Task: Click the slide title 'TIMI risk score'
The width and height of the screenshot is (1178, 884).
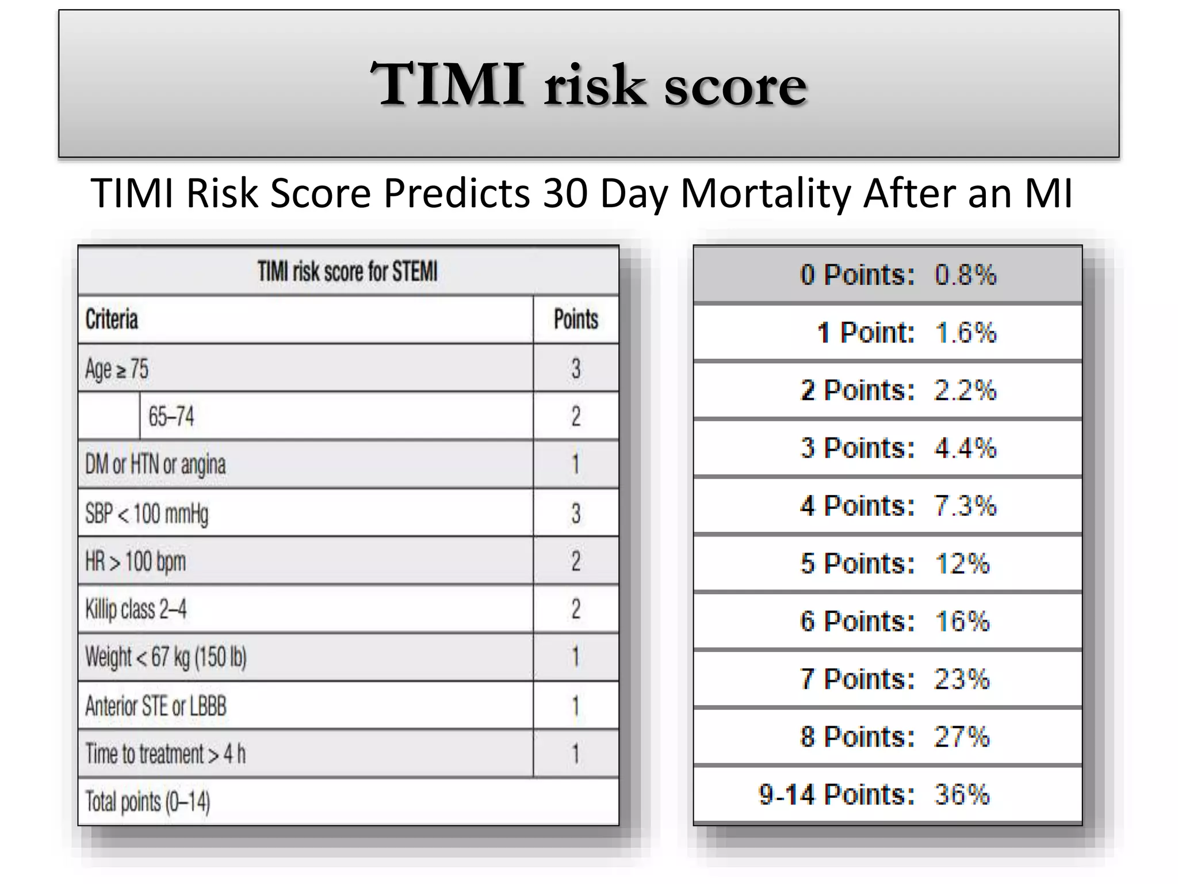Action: [x=588, y=85]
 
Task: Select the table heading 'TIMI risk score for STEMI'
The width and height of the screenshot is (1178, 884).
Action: [x=347, y=272]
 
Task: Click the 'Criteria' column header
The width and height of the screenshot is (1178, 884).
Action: [x=112, y=319]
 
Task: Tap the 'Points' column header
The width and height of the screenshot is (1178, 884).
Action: [x=576, y=319]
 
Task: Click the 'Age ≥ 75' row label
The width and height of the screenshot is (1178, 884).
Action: [x=117, y=369]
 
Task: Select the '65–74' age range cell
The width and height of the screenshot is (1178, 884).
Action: [x=171, y=417]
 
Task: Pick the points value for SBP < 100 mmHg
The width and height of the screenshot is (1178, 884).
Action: [x=576, y=513]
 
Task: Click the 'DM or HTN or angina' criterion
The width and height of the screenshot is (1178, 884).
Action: [x=155, y=464]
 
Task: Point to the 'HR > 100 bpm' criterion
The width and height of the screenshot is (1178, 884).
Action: [x=136, y=561]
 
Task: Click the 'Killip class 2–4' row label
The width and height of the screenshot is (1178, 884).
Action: [x=136, y=609]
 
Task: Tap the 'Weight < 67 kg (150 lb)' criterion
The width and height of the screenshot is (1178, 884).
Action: [x=166, y=657]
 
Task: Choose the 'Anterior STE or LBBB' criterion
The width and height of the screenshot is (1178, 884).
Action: [x=156, y=706]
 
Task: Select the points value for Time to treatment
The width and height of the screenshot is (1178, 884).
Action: [x=575, y=754]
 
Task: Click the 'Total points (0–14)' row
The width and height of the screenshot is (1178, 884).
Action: [x=148, y=802]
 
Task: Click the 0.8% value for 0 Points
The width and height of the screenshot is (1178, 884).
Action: [x=965, y=275]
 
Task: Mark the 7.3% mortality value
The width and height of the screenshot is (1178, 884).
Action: [x=965, y=506]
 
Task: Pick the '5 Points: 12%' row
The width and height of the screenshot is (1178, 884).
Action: [x=894, y=563]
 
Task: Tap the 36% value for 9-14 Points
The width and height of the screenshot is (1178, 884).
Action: [x=962, y=795]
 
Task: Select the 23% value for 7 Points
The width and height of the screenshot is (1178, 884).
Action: [x=962, y=679]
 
